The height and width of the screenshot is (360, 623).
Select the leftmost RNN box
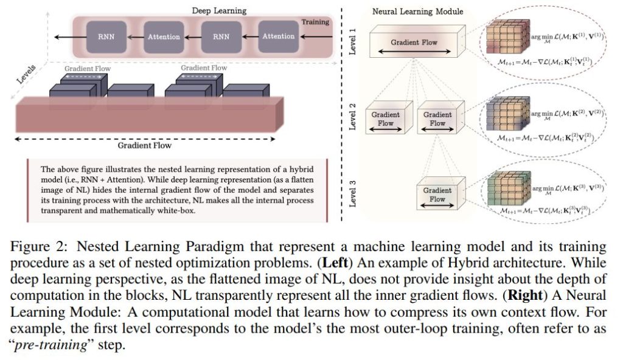[104, 36]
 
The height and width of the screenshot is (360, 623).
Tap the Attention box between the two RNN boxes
[164, 36]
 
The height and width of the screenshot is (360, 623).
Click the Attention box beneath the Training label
[278, 36]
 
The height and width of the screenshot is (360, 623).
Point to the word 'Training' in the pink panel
[315, 22]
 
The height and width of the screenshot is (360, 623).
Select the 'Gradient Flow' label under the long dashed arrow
[145, 145]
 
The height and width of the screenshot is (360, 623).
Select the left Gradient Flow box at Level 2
[385, 119]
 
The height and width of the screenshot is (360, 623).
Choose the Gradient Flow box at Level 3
[438, 195]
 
